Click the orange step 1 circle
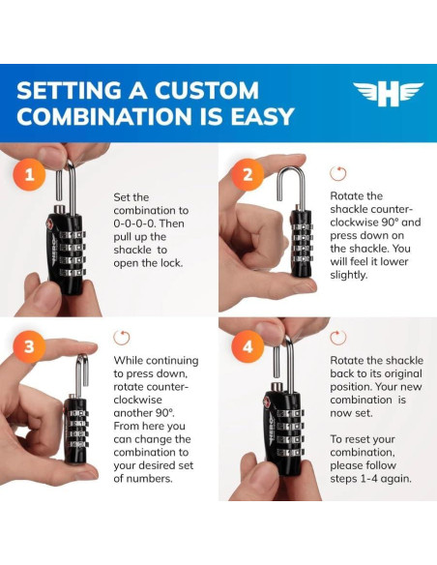29,175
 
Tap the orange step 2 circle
248,175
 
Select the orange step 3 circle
29,346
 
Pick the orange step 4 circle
248,346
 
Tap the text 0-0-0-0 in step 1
134,223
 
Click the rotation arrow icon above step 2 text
338,174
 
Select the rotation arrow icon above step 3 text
122,338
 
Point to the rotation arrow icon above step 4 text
338,338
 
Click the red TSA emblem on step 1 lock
49,223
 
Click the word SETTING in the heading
69,90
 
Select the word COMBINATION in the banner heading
105,116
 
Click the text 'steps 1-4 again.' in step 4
370,479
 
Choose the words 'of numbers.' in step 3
143,479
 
